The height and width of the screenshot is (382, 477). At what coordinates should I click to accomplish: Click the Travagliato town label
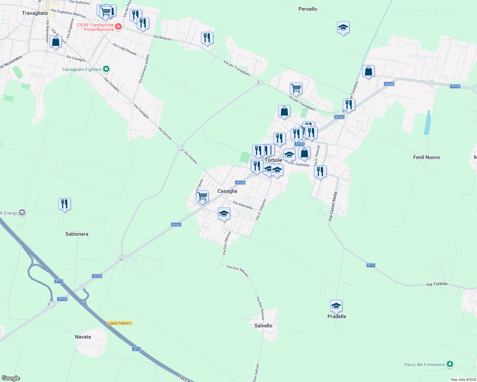35,13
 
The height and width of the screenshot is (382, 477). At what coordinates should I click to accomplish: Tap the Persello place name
307,9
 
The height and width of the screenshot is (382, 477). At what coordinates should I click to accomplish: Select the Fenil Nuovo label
426,157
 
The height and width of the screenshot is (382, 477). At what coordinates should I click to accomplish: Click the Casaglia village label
227,191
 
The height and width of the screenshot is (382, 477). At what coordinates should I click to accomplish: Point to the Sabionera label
77,234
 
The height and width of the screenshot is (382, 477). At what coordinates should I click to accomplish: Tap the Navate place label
83,337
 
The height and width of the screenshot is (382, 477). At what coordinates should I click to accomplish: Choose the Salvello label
263,326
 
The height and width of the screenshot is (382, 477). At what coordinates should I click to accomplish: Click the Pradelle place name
337,316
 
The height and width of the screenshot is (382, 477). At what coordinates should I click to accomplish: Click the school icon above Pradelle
336,306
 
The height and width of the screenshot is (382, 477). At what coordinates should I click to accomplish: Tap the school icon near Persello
343,28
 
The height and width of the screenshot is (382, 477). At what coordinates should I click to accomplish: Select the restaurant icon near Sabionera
64,204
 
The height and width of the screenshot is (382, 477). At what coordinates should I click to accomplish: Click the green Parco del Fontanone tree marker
450,364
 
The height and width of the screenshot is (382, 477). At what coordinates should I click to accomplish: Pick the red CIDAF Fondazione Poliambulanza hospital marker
118,26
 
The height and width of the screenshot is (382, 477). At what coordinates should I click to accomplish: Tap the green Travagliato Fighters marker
106,69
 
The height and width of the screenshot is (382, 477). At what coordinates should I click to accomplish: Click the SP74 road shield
371,265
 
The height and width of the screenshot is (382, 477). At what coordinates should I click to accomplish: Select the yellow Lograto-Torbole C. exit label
120,323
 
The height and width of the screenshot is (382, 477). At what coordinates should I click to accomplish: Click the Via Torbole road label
437,284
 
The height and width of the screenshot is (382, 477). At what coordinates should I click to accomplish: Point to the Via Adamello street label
243,205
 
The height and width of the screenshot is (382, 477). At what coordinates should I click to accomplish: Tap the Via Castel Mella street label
333,206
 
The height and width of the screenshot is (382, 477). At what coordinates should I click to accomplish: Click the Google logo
11,378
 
